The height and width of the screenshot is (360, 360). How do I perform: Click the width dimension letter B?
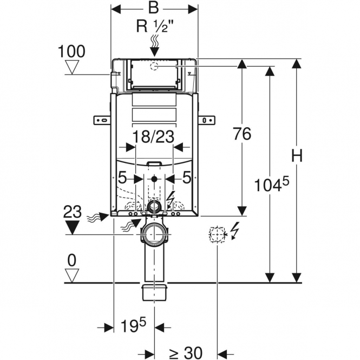click(x=154, y=8)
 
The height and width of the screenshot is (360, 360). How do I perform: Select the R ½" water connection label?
click(x=154, y=27)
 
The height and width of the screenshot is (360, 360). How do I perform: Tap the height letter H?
click(x=297, y=156)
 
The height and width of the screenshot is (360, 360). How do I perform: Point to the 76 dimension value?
click(x=242, y=134)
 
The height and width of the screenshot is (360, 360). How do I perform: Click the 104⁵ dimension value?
click(x=272, y=185)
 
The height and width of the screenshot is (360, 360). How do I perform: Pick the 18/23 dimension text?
click(x=154, y=136)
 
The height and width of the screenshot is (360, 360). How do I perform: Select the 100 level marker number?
click(x=71, y=51)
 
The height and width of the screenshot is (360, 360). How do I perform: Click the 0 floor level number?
click(x=72, y=260)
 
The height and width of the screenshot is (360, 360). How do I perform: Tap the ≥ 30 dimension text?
click(x=186, y=353)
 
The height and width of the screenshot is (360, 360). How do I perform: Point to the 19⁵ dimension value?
click(x=133, y=325)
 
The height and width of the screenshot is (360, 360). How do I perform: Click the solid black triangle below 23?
click(x=73, y=227)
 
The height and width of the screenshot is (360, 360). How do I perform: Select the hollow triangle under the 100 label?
click(x=72, y=67)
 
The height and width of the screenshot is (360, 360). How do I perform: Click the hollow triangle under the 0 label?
click(x=72, y=276)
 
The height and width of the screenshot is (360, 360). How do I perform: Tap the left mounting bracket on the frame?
click(x=102, y=120)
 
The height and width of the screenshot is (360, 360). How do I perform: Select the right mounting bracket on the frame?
click(x=207, y=120)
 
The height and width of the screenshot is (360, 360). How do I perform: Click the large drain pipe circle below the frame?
click(x=154, y=234)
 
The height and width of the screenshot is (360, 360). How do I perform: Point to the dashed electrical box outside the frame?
click(x=217, y=234)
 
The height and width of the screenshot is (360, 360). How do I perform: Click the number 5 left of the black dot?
click(x=122, y=178)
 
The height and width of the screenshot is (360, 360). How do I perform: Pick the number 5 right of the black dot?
click(x=186, y=178)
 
